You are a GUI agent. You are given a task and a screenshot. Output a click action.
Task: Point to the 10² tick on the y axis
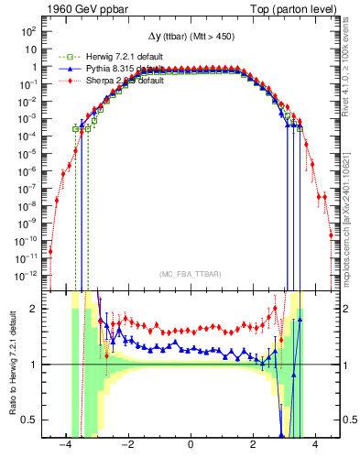(29, 32)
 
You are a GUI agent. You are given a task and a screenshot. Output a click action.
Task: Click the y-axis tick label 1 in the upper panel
(33, 67)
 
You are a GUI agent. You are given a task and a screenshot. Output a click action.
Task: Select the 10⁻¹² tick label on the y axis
(27, 274)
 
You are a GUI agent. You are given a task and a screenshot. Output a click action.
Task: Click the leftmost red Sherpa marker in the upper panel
(51, 250)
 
